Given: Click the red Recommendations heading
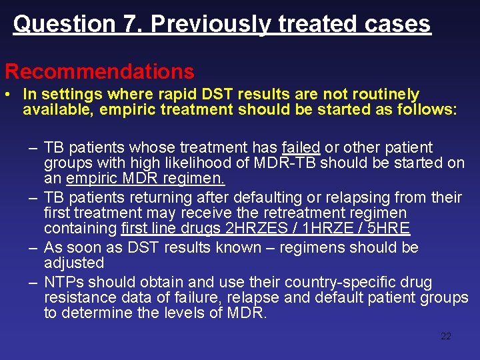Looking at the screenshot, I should click(x=99, y=71).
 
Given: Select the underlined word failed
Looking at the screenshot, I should click(x=301, y=147).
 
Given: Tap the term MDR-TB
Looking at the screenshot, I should click(x=285, y=163).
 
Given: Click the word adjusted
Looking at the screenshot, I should click(x=74, y=263).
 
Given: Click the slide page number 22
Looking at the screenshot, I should click(x=446, y=336).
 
